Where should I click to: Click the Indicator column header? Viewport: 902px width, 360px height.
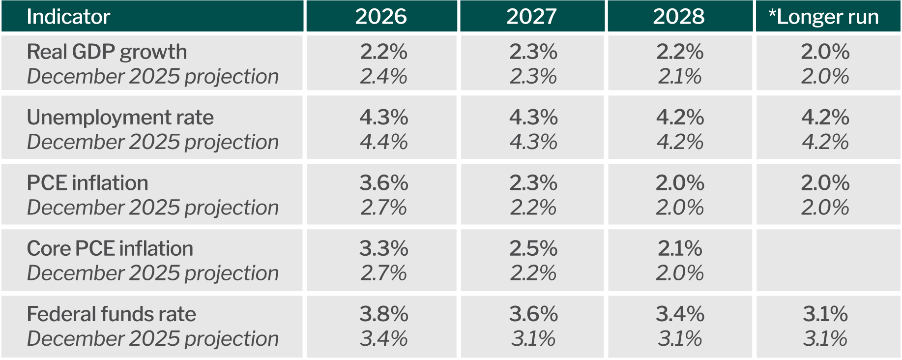point(68,17)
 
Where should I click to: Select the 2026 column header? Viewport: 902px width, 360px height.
point(381,17)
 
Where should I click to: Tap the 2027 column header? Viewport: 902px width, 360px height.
point(531,17)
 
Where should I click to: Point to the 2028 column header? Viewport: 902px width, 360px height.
point(679,17)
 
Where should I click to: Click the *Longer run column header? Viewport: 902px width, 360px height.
point(823,17)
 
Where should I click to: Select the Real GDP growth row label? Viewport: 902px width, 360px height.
point(107,52)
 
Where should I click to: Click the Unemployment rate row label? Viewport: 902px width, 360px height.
point(120,118)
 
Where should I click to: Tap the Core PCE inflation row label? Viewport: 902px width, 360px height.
point(110,249)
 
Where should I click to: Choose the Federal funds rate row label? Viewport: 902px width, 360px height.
point(111,314)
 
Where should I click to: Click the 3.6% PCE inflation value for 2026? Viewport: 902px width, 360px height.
point(383,183)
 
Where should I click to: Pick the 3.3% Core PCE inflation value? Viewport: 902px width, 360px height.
point(383,249)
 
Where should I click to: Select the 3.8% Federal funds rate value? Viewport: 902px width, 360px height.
point(383,314)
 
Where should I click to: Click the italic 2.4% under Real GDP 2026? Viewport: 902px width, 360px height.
point(383,77)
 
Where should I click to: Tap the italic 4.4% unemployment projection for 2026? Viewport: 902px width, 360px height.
point(383,142)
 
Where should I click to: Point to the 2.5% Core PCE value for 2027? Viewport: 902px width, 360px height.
point(533,249)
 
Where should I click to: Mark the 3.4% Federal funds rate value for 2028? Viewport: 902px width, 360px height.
point(680,314)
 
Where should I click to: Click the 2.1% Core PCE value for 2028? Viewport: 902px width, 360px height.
point(680,249)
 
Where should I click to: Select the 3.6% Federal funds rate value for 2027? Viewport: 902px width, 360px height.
point(533,314)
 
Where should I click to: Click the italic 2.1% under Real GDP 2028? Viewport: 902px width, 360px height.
point(680,77)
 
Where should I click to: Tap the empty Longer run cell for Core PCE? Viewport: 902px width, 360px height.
point(828,260)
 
